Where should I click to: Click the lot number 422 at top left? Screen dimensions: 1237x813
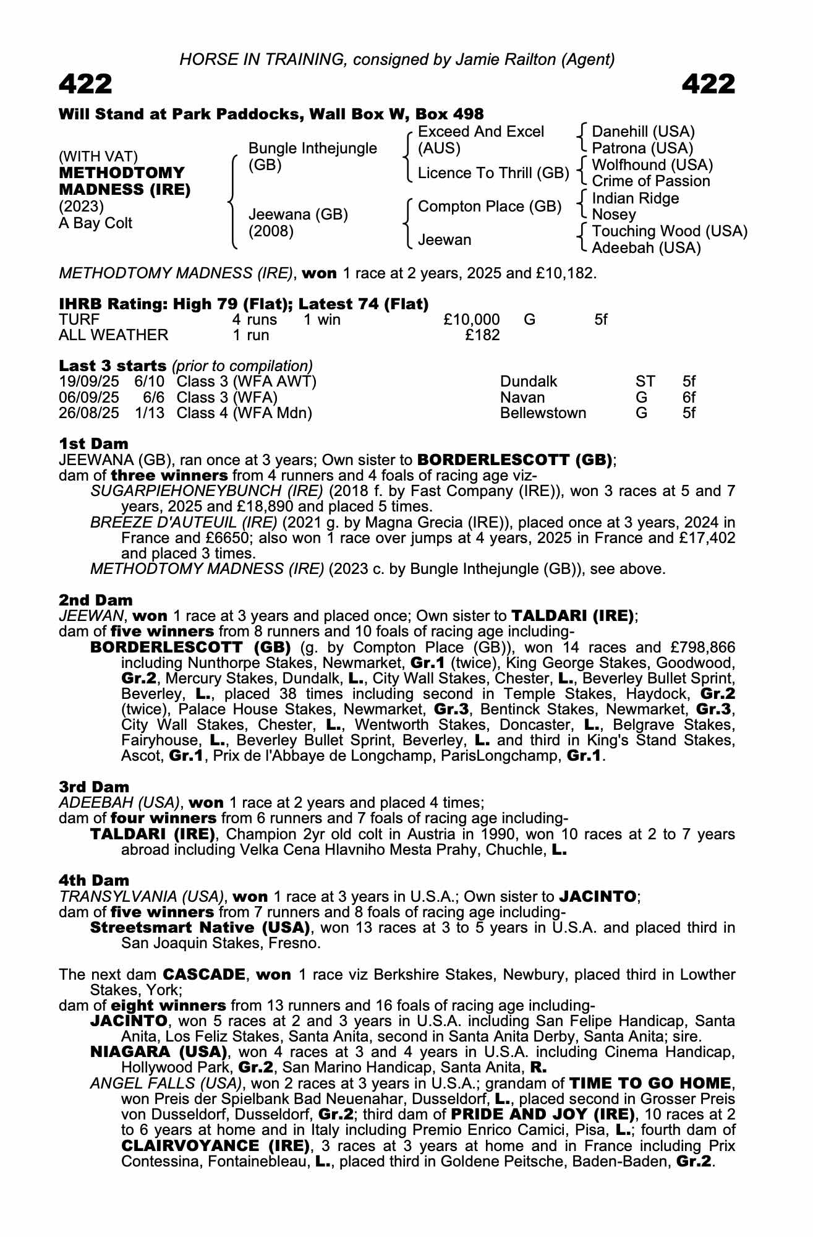point(85,83)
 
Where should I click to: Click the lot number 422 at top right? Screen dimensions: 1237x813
point(709,83)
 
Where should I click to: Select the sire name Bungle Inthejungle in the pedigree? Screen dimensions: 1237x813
point(312,148)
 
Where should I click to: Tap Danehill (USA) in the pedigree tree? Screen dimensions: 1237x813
point(643,132)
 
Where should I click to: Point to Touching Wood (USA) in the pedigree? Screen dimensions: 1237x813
point(670,231)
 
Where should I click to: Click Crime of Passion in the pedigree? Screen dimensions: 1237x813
point(651,181)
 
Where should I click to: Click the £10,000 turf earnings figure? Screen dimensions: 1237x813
point(472,320)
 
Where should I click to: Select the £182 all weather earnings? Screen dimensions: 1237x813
point(482,335)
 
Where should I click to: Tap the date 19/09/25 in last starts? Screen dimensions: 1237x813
point(89,382)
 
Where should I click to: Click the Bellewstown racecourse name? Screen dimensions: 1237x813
point(543,413)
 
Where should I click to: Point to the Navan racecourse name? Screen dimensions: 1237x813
point(522,397)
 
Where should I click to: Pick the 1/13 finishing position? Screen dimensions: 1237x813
point(150,413)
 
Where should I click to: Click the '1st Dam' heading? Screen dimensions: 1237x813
point(94,443)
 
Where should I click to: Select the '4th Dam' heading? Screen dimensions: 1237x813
point(94,880)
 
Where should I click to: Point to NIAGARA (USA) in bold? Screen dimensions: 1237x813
point(157,1051)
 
